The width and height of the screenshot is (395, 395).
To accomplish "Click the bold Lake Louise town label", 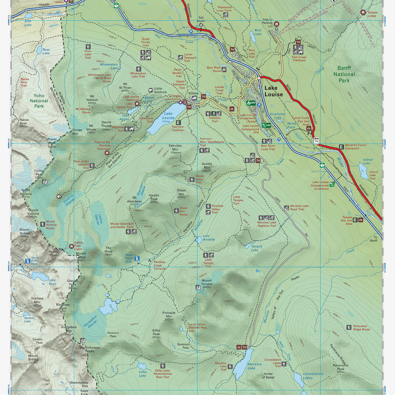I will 274,91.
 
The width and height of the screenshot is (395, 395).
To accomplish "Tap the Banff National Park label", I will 344,74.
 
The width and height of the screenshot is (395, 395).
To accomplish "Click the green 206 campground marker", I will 251,103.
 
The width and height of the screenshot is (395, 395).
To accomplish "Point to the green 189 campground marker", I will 266,125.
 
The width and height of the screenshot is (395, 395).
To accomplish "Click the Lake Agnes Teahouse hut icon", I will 137,103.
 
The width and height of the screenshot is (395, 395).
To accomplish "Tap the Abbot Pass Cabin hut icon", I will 71,246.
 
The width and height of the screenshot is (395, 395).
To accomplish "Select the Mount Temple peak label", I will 206,282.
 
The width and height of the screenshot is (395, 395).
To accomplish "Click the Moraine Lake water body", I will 243,364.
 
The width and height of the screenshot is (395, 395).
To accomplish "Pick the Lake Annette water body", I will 199,239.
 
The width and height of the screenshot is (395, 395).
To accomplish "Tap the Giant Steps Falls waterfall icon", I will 138,258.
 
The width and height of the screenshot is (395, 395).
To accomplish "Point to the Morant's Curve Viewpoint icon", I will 341,146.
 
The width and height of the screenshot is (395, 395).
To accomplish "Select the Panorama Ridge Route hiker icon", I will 349,327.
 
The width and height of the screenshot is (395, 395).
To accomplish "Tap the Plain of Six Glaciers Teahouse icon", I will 107,153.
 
